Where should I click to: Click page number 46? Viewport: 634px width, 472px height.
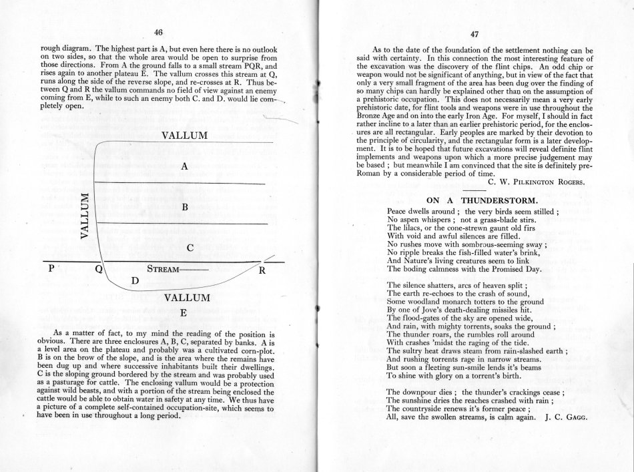158,32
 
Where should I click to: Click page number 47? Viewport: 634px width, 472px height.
475,35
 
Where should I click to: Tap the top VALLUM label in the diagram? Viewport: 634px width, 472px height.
185,136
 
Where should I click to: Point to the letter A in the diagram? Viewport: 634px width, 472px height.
183,167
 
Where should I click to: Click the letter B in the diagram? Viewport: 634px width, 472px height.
185,208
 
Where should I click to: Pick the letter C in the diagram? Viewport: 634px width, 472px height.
190,248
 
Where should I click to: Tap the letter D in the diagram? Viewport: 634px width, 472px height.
135,280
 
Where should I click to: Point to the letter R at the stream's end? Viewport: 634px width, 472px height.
262,271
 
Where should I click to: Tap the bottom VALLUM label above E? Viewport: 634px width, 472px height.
188,297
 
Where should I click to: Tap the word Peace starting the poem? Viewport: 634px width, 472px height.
400,211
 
